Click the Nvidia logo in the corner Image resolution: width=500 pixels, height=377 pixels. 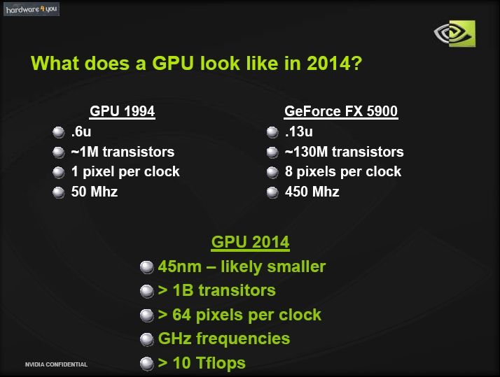(454, 34)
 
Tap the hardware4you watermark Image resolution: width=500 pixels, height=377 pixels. (32, 9)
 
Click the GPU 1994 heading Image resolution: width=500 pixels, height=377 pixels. (122, 111)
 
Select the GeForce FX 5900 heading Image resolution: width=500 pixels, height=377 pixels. (341, 111)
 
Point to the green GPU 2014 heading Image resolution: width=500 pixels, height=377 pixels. (250, 242)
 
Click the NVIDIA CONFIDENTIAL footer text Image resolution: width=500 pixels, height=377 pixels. (56, 364)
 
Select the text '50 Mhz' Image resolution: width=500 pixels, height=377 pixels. (95, 192)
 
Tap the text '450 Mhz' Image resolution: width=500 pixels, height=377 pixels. (312, 192)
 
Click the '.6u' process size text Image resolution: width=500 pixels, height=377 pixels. (81, 131)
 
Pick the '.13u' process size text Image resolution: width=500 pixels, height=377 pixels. (298, 131)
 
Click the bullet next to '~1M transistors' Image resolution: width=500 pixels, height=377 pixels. (58, 152)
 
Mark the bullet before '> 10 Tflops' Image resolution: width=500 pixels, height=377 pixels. (146, 364)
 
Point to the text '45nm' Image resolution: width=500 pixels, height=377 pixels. (179, 266)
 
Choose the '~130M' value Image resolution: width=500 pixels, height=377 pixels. (306, 152)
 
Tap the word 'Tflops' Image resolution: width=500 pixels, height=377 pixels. (221, 363)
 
